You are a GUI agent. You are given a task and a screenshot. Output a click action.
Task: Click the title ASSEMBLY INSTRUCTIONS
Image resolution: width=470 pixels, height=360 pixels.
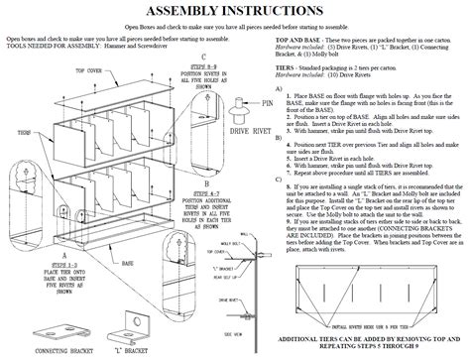(235, 12)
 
